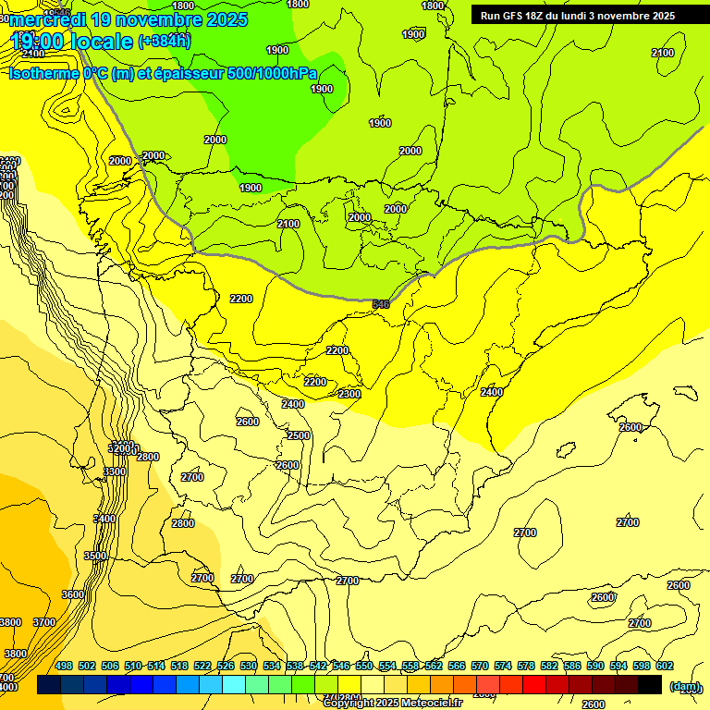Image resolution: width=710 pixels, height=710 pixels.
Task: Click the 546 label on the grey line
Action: pyautogui.click(x=381, y=303)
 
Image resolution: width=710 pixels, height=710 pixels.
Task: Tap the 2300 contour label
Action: pyautogui.click(x=349, y=394)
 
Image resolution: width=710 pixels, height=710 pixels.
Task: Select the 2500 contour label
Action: pyautogui.click(x=299, y=435)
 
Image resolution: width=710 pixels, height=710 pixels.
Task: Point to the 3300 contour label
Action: pyautogui.click(x=116, y=471)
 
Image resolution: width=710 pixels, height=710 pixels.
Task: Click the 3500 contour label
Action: pyautogui.click(x=95, y=556)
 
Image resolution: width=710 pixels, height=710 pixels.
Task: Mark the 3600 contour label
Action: pyautogui.click(x=73, y=594)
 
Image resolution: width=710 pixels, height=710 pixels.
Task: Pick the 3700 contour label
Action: pyautogui.click(x=44, y=622)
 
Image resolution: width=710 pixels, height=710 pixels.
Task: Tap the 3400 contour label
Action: pyautogui.click(x=105, y=519)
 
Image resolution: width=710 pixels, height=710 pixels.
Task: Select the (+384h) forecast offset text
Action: pyautogui.click(x=165, y=41)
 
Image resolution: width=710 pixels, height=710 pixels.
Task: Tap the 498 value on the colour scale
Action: pyautogui.click(x=64, y=666)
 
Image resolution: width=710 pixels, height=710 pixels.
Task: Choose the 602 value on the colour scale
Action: pyautogui.click(x=665, y=666)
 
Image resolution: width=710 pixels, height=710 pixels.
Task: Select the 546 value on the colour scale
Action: pyautogui.click(x=341, y=666)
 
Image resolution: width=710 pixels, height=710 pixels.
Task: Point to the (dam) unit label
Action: pyautogui.click(x=685, y=686)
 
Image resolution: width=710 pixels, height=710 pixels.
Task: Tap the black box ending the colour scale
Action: pyautogui.click(x=650, y=684)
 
